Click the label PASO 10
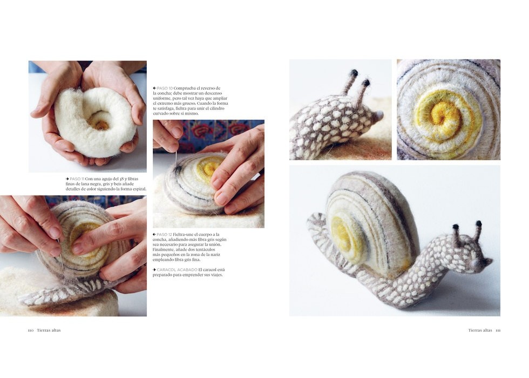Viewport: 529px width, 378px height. pos(165,89)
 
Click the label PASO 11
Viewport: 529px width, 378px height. pos(77,179)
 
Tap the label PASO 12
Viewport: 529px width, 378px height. pos(165,234)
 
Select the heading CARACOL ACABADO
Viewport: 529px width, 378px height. pos(177,269)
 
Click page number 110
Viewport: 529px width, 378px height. pos(31,330)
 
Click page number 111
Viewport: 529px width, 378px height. pos(498,330)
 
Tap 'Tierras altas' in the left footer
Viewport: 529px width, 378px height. pos(49,330)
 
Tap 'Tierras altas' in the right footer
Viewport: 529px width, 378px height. pos(480,330)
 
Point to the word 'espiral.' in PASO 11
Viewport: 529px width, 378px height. pos(140,189)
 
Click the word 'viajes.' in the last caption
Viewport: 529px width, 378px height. pos(217,275)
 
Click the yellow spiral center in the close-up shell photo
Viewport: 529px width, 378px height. pos(439,112)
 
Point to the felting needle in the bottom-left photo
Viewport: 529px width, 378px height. pos(60,254)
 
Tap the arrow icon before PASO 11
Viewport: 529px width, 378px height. pos(67,179)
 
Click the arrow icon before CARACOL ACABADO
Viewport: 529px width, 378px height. pos(154,269)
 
